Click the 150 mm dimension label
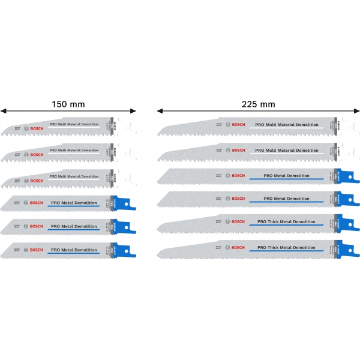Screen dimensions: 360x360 tap(68, 104)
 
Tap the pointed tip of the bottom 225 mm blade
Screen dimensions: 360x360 tap(161, 254)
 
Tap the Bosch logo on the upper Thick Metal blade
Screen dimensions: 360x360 tap(238, 223)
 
